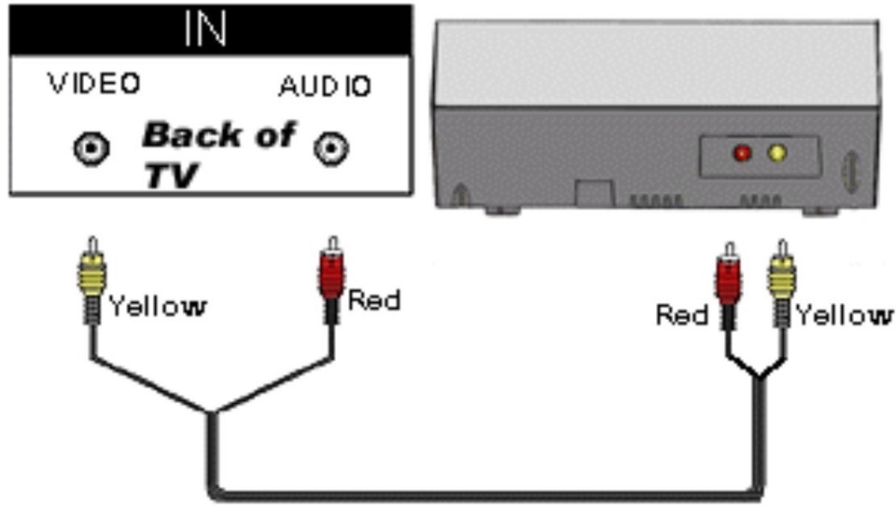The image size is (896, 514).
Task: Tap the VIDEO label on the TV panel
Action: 94,84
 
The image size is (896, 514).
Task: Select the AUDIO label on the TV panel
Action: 325,87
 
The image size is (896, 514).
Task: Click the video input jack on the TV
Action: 91,148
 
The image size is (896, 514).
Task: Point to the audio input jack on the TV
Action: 331,148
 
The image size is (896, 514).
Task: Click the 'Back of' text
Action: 218,135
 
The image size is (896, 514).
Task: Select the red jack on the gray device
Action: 743,153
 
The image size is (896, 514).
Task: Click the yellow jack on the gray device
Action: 776,153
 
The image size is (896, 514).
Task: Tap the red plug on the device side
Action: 728,280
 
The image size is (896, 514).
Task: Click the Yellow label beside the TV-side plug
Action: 158,305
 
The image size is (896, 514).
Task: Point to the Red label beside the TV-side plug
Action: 373,300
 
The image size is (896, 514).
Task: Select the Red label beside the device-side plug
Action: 682,314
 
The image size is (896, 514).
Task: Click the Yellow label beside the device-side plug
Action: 845,315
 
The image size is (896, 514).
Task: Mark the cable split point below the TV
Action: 211,412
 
